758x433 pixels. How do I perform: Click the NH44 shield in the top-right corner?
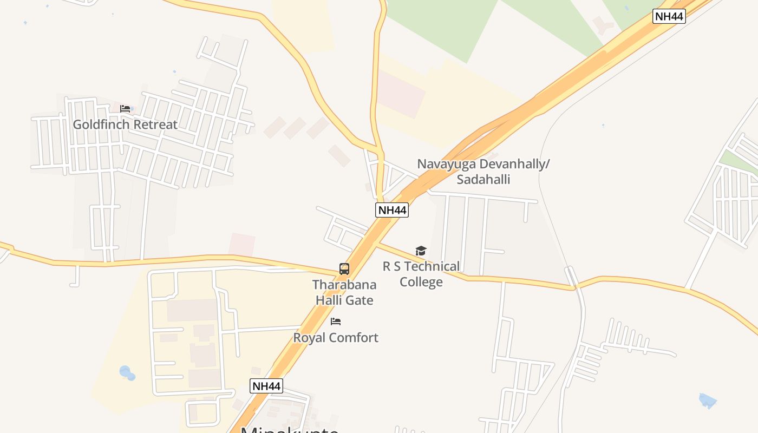pos(669,16)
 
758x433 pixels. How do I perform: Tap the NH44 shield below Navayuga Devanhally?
pos(391,210)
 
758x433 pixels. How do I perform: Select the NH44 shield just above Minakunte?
pos(266,386)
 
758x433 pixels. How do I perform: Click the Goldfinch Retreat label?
pos(125,124)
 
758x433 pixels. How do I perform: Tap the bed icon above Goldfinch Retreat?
pos(125,109)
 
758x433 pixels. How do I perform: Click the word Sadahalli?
pos(483,180)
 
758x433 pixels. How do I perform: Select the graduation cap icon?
pos(421,251)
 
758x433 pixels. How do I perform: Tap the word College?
pos(421,282)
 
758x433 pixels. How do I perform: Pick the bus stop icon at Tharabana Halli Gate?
pos(344,268)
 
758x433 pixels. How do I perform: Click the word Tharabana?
pos(344,284)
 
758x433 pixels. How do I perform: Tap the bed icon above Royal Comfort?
pos(336,322)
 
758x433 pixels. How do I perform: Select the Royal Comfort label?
pos(336,338)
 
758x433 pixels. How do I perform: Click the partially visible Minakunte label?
pos(290,429)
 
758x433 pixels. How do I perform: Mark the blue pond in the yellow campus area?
pos(127,373)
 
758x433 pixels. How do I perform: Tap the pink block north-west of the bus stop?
pos(242,245)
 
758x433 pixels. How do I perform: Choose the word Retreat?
pos(155,124)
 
